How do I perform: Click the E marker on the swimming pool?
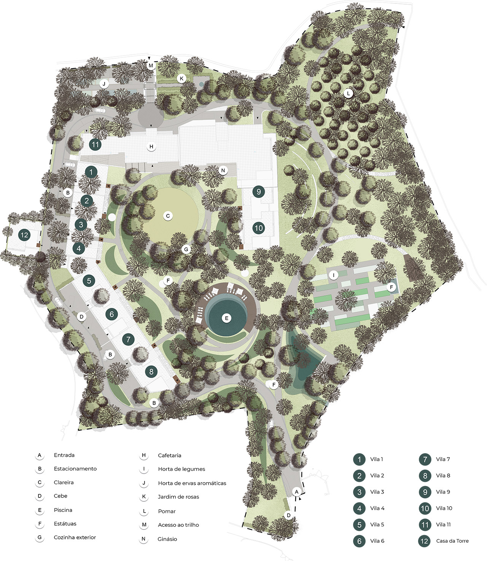[226, 318]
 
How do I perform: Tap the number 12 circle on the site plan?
[24, 235]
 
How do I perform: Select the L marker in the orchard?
[348, 93]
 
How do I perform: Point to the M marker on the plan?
[151, 65]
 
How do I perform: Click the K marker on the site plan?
[181, 79]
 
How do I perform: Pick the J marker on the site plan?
[104, 84]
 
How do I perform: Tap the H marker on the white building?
[151, 147]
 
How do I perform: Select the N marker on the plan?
[223, 171]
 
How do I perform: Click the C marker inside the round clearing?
[168, 216]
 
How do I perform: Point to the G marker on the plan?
[186, 250]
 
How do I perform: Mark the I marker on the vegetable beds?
[334, 275]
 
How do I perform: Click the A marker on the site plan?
[297, 492]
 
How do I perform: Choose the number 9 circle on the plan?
[259, 191]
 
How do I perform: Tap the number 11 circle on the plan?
[95, 145]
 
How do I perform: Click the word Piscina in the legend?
[63, 510]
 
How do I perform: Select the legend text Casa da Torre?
[452, 541]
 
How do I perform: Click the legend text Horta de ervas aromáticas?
[192, 483]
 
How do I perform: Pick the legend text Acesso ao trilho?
[178, 525]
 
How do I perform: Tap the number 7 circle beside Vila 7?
[425, 459]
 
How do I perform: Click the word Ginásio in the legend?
[167, 539]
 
